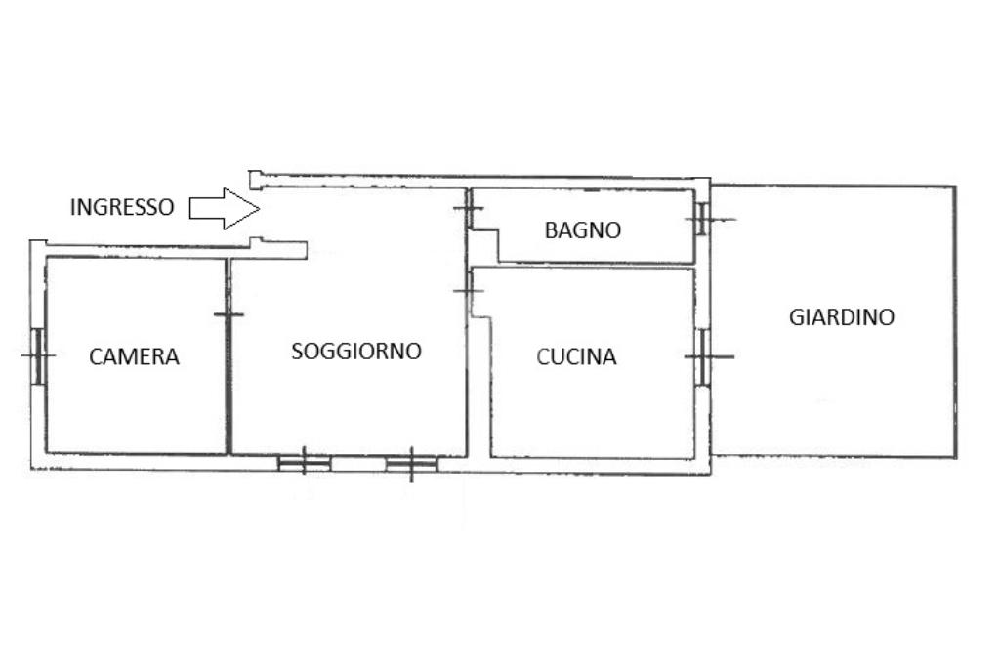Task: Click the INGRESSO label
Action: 122,207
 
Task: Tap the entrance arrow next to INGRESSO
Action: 224,208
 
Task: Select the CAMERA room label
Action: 134,356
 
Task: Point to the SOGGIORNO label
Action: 356,351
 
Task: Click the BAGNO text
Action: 582,230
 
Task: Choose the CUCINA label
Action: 576,357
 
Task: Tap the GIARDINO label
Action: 842,317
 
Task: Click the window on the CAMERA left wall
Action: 38,354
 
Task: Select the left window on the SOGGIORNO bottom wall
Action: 303,462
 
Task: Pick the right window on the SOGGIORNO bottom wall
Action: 410,464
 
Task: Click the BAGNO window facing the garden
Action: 701,219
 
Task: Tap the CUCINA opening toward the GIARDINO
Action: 703,356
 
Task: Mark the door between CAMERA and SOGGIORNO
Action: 229,313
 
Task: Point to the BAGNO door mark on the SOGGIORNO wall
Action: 469,208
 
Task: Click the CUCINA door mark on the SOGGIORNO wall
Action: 469,290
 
